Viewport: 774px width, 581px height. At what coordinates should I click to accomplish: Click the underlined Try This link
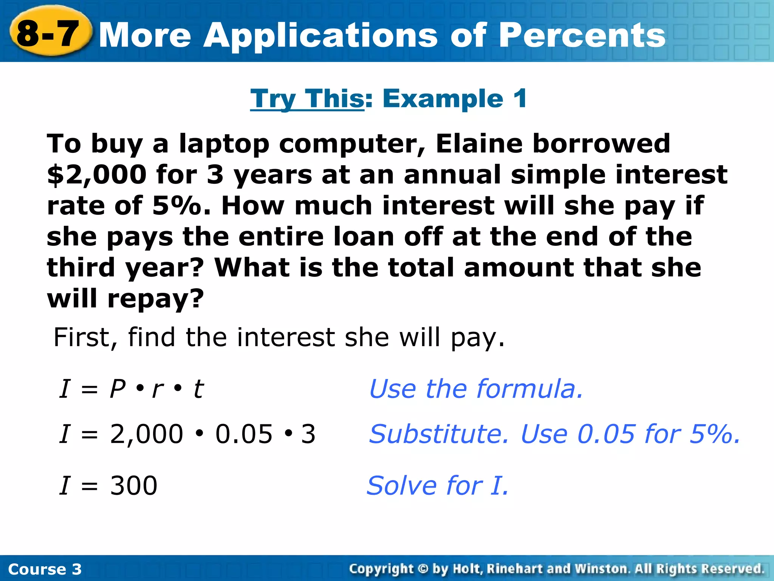pos(307,99)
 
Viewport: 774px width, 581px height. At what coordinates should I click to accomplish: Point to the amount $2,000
pos(97,175)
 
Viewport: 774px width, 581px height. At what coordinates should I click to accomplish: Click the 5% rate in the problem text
pos(176,206)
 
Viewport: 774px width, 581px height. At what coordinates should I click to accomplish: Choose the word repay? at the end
pos(155,299)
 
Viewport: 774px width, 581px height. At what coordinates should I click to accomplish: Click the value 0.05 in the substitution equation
pos(244,434)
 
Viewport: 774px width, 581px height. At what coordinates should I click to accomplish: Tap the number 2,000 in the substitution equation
pos(147,434)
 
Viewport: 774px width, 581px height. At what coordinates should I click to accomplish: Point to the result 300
pos(133,486)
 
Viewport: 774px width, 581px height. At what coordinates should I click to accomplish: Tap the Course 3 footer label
pos(45,569)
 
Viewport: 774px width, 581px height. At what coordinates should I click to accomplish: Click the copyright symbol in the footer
pos(423,569)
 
